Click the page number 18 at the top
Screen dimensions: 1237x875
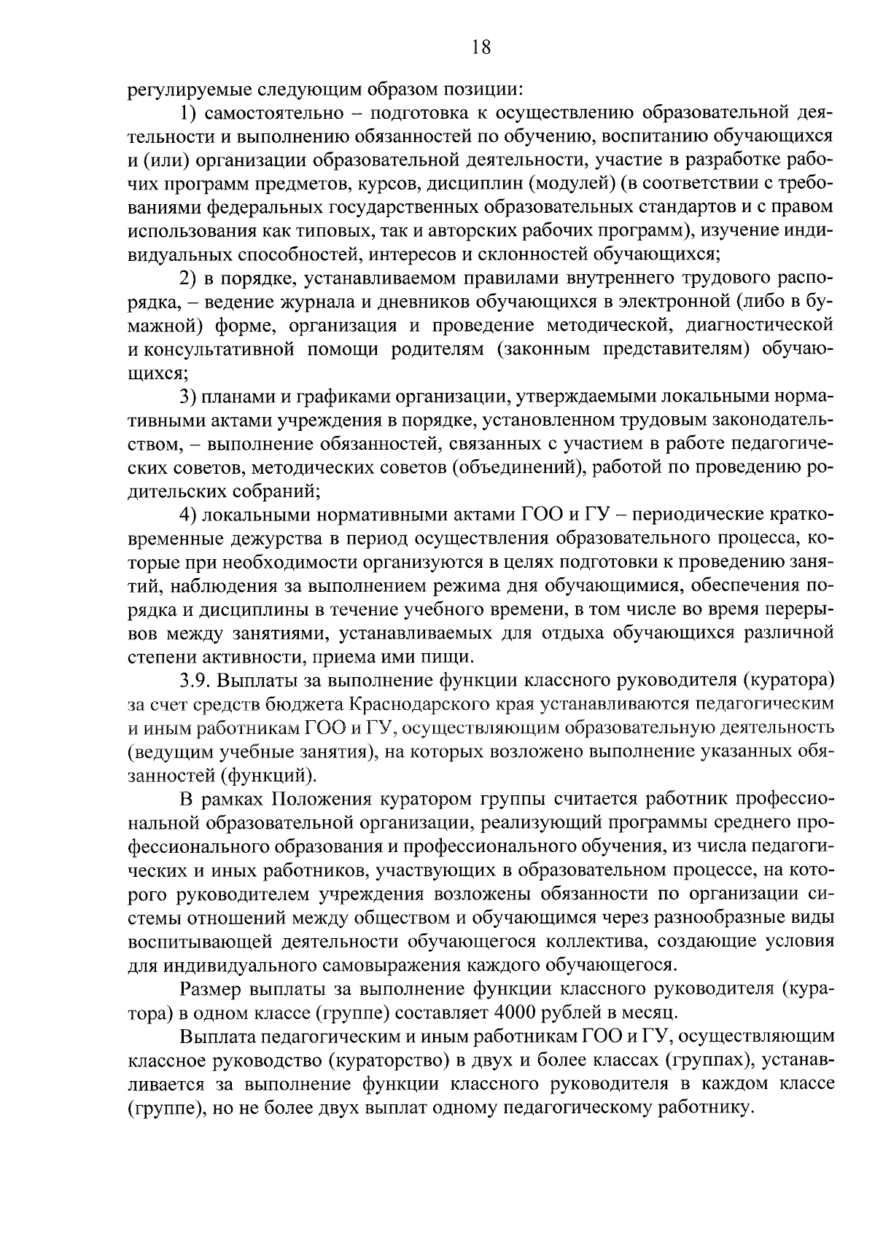pos(481,47)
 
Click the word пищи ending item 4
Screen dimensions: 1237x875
pos(451,656)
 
